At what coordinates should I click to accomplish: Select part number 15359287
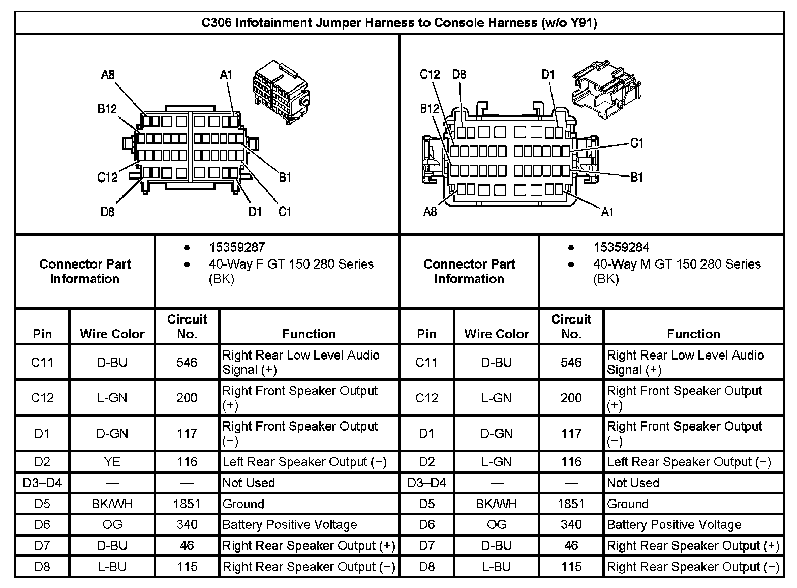tap(237, 247)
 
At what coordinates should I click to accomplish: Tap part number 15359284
tap(621, 247)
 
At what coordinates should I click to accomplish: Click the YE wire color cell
tap(112, 462)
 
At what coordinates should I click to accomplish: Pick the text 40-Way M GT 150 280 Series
tap(677, 264)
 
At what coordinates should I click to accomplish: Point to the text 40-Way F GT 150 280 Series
tap(291, 264)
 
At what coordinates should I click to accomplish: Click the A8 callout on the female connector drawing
tap(108, 75)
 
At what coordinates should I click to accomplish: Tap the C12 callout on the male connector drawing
tap(430, 74)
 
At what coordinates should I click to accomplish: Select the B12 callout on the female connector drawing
tap(107, 109)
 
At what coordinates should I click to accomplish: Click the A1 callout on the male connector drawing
tap(607, 212)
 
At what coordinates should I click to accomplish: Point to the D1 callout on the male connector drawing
tap(548, 74)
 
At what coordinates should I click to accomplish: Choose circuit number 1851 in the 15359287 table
tap(187, 504)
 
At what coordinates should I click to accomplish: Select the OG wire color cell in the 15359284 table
tap(497, 524)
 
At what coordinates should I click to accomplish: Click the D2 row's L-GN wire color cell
tap(497, 462)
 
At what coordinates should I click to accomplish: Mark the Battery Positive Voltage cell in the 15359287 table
tap(290, 524)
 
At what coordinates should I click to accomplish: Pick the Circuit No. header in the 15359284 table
tap(571, 327)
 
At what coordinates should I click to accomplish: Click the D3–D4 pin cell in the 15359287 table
tap(42, 483)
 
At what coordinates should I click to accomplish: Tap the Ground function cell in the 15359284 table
tap(628, 504)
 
